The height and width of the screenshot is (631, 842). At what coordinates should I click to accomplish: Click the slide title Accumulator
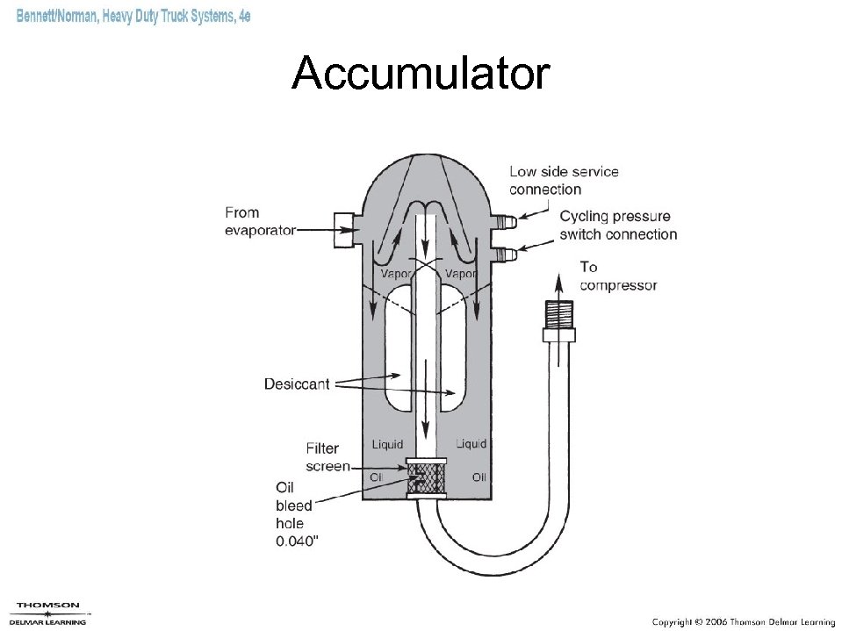(421, 74)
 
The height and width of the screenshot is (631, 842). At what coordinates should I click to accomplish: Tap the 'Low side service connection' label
(564, 180)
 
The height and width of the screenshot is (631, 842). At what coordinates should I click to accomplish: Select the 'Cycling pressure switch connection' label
(618, 225)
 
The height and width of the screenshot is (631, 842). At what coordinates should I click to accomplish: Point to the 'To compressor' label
(617, 276)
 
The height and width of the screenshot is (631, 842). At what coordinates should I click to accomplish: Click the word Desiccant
(297, 384)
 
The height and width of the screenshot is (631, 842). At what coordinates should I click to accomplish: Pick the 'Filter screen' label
(327, 457)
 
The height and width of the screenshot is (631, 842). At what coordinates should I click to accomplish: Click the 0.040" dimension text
(298, 541)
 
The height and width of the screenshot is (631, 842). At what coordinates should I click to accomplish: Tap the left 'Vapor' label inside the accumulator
(397, 274)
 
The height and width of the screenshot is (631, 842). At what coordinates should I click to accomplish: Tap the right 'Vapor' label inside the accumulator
(461, 274)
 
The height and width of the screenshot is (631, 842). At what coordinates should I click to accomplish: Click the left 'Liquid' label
(387, 444)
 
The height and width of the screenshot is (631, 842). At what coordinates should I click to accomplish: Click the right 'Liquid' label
(471, 444)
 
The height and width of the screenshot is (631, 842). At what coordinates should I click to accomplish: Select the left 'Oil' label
(377, 477)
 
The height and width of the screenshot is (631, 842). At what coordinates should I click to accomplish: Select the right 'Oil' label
(479, 477)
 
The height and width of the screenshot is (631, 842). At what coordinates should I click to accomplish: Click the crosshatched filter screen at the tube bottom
(428, 480)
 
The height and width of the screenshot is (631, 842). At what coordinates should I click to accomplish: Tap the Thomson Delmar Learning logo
(48, 613)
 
